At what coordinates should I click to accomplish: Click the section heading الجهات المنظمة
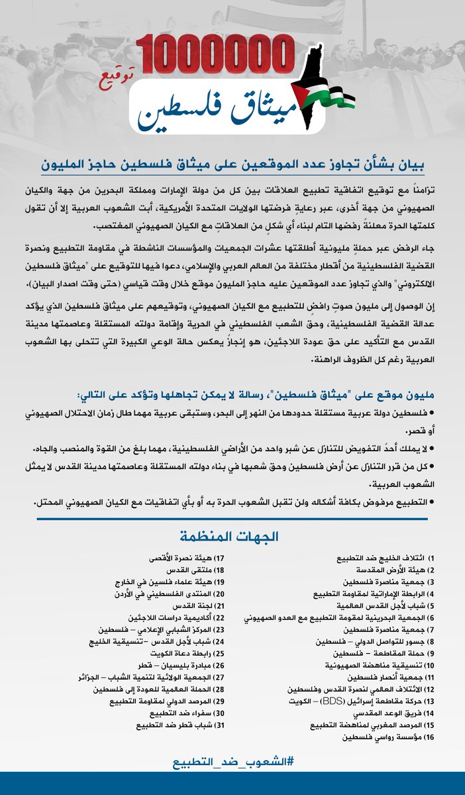coord(232,535)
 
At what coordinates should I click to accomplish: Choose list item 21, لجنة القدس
coord(156,606)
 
